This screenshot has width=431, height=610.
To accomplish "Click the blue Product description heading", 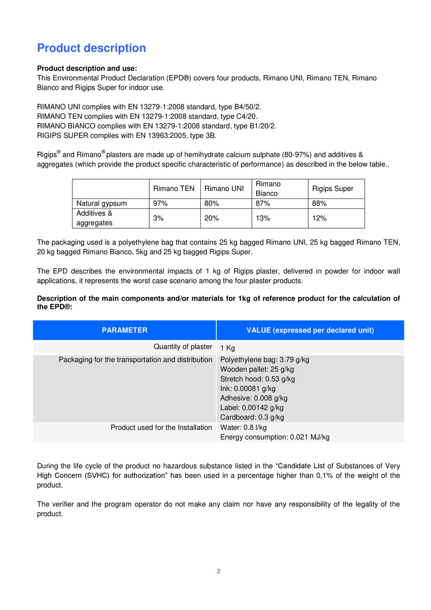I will pos(91,48).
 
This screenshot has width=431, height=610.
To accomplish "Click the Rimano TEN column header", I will pos(174,189).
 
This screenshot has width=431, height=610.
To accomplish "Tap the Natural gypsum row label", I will pos(101,204).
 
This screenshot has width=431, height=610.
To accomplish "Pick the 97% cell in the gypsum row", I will pos(160,204).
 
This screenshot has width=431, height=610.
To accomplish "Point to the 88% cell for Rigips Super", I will pos(319,204).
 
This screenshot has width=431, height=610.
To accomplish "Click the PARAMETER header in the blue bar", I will pos(124,330).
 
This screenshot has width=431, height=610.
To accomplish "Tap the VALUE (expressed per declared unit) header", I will pos(310,330).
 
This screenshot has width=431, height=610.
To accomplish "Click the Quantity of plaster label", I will pos(183,347).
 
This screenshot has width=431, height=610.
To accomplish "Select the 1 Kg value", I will pos(227,348).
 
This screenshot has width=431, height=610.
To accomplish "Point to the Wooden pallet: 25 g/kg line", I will pos(257,369).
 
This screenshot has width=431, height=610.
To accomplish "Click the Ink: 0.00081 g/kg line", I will pos(248,389).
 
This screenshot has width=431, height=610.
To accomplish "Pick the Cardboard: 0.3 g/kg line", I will pos(252,417).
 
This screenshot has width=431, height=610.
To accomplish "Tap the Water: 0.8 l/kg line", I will pos(243,427).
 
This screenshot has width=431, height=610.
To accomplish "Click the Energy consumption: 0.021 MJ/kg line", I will pos(275,437).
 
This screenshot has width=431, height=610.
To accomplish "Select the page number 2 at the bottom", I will pos(219,571).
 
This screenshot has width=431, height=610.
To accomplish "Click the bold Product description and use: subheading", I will pos(87,69).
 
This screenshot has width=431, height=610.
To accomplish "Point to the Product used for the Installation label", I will pos(161,427).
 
